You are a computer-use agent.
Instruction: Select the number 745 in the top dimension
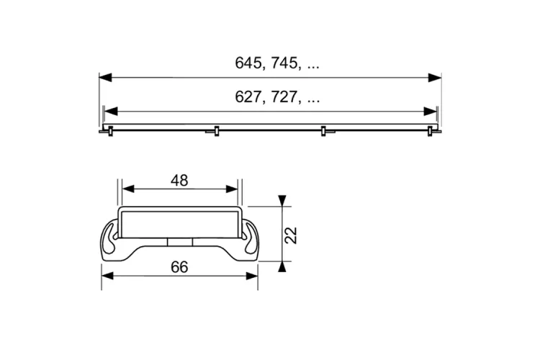284,63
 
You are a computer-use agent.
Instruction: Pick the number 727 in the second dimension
284,97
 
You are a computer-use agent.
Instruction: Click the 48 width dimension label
179,181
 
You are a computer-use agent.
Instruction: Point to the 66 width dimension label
179,267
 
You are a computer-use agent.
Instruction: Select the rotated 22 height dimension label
292,235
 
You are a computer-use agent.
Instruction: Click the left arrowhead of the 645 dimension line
106,78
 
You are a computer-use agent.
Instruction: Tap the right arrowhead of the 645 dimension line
435,78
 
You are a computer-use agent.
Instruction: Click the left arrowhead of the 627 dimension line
111,112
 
